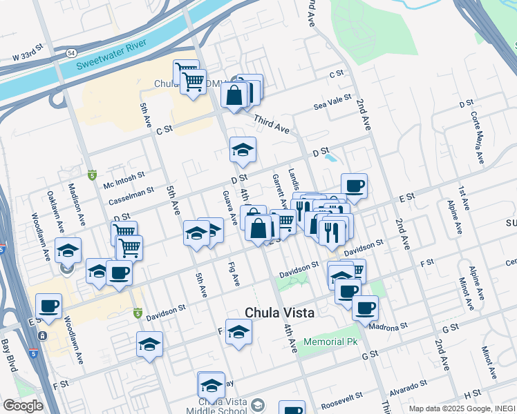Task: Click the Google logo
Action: point(23,406)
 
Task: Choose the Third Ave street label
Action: point(272,124)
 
